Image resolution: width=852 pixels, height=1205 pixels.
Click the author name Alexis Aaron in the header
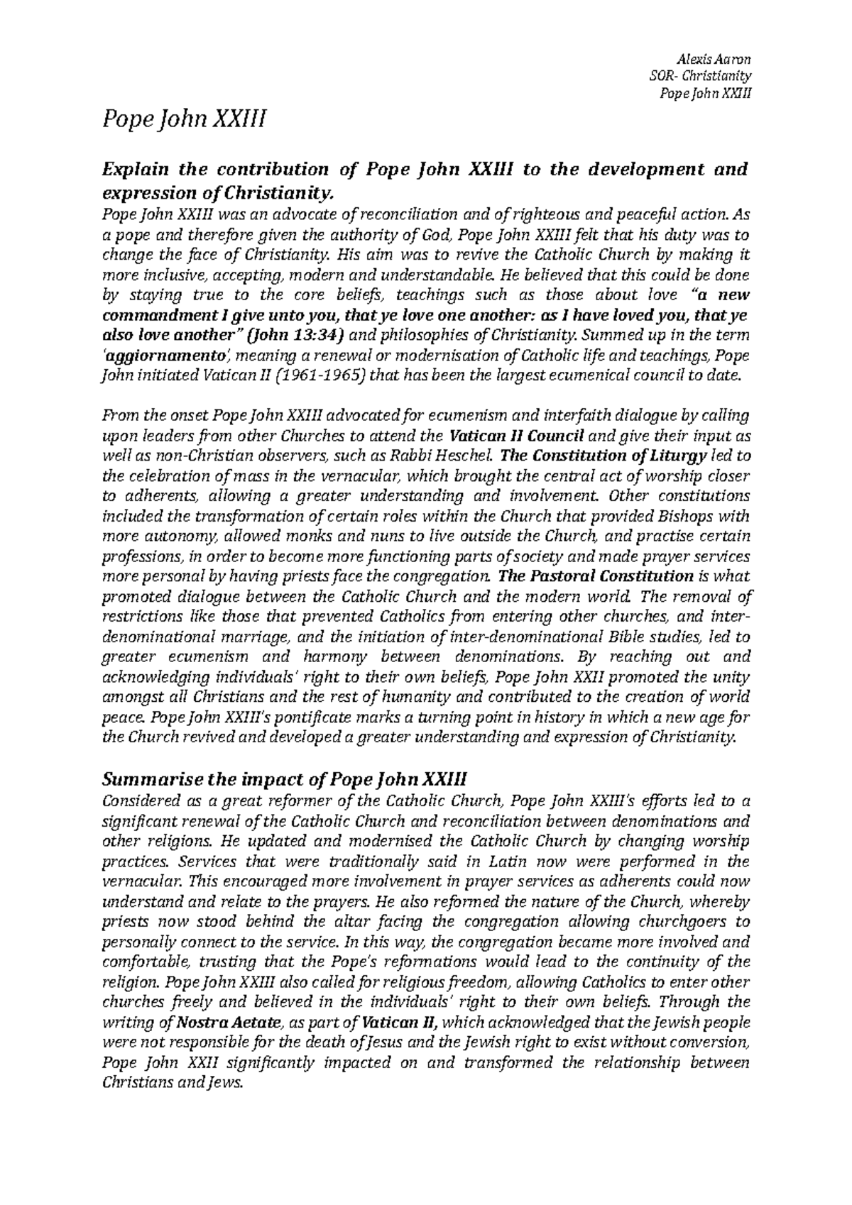718,59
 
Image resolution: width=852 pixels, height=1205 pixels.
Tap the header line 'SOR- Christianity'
700,76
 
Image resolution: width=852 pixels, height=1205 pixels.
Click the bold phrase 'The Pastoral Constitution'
595,576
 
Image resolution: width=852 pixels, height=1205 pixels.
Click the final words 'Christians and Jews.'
173,1083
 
